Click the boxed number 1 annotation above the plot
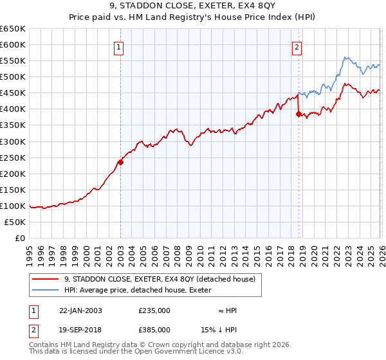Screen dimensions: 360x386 click(x=120, y=46)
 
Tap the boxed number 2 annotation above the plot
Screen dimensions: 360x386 click(x=297, y=46)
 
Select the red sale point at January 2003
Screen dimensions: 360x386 click(x=120, y=162)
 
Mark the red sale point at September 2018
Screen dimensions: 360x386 click(x=299, y=114)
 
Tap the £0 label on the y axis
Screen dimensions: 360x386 click(x=19, y=238)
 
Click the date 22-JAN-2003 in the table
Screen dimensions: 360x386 click(x=80, y=310)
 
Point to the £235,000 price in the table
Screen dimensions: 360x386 click(x=154, y=310)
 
